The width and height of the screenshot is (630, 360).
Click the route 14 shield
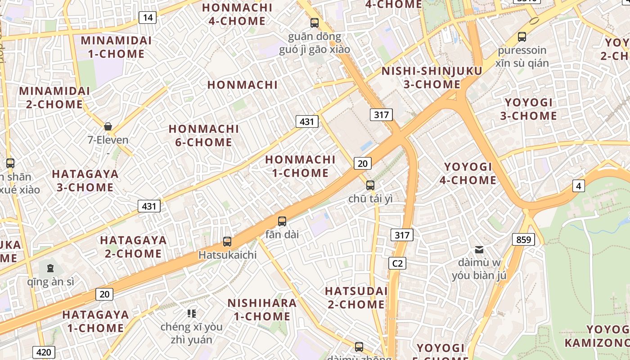click(148, 18)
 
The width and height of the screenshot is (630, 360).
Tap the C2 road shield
click(397, 263)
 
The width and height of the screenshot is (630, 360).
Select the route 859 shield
click(523, 239)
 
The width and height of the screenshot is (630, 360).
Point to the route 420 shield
click(44, 352)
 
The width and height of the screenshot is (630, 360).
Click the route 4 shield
click(579, 185)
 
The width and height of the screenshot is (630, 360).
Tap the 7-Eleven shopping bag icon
click(108, 126)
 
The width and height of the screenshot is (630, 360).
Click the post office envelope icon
click(479, 249)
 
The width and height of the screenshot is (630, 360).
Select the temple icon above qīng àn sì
click(50, 268)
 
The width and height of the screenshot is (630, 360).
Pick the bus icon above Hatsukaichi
click(227, 242)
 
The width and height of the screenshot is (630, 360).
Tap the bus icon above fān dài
click(282, 221)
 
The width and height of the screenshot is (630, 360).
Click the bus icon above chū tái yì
click(370, 185)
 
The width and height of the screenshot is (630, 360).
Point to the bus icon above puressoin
click(522, 37)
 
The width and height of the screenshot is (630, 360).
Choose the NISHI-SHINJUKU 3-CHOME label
click(432, 77)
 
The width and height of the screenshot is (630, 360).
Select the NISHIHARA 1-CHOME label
click(262, 310)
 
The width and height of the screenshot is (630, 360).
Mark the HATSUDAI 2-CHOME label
click(356, 297)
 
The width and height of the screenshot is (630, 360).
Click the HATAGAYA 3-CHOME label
click(85, 180)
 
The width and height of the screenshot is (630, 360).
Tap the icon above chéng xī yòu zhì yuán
click(192, 313)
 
